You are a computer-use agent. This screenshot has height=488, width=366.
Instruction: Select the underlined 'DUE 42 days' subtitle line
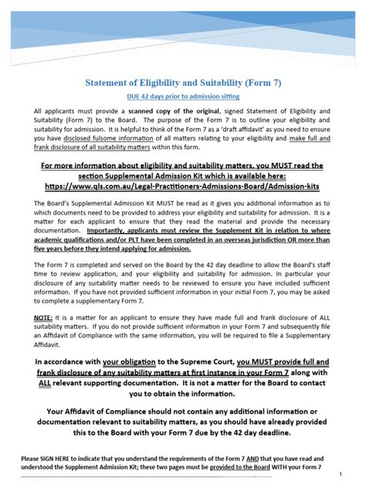point(183,97)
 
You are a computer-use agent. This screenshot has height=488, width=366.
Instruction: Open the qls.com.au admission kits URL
point(183,186)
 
